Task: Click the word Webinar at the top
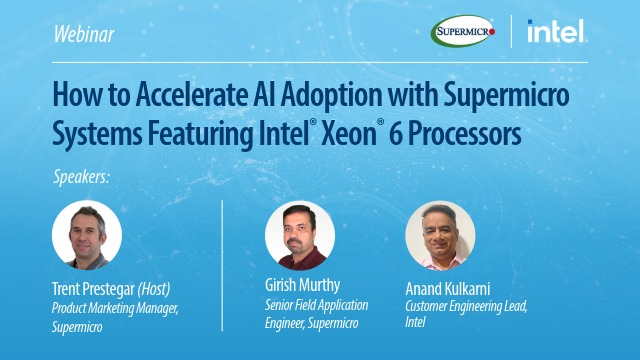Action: (x=85, y=35)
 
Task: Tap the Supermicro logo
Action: (x=464, y=32)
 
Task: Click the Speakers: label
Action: (x=81, y=178)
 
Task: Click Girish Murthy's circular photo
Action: (x=300, y=236)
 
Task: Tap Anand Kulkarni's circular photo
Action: (x=440, y=236)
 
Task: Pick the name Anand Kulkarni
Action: (x=450, y=286)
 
